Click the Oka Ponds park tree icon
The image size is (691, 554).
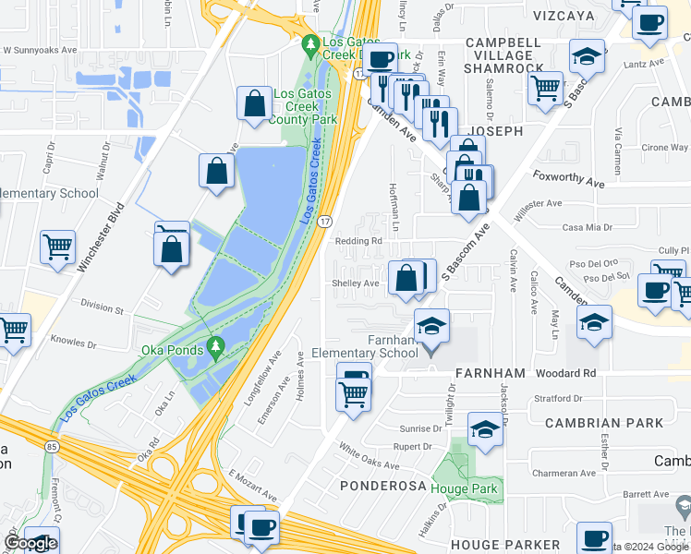(x=216, y=348)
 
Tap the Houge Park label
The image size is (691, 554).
(x=470, y=489)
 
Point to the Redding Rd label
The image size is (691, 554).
(x=358, y=242)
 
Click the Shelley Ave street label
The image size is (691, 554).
(x=357, y=283)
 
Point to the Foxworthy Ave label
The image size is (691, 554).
(x=568, y=178)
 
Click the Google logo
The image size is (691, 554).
(x=30, y=543)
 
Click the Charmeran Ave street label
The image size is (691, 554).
(x=563, y=474)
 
